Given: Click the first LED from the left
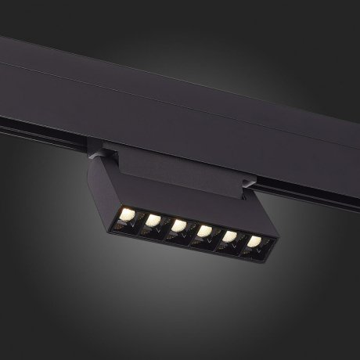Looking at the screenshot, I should tap(128, 214).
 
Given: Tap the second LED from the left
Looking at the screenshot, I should tap(153, 220).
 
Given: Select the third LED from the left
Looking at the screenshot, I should tap(179, 225).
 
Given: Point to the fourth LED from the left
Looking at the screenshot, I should tap(205, 231).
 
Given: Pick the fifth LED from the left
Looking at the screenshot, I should tap(230, 236).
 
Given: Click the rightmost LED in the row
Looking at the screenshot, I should tap(254, 242).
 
